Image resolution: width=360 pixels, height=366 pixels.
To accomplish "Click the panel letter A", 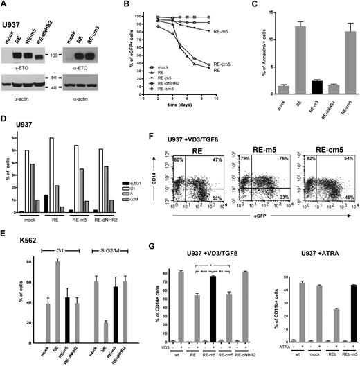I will click(x=6, y=6).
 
